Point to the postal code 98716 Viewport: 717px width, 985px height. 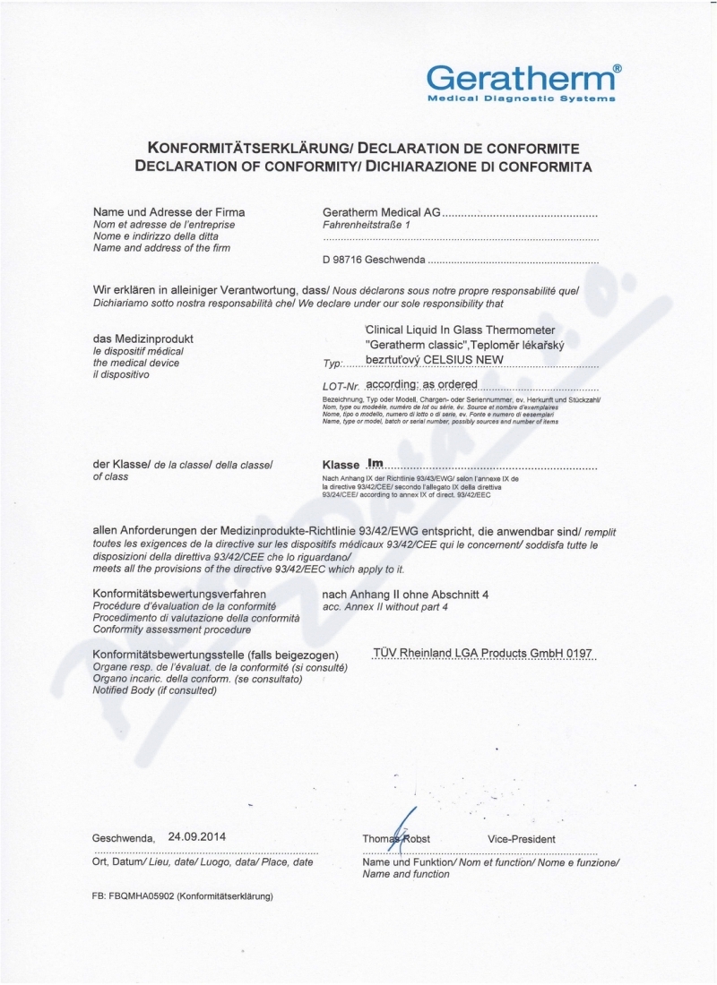coord(348,261)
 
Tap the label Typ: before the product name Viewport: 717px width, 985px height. coord(332,366)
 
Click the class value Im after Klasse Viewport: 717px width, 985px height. coord(375,464)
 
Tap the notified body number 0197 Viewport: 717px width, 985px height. coord(581,654)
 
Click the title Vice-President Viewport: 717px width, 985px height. coord(522,839)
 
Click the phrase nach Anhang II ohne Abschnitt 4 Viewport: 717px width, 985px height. coord(405,595)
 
